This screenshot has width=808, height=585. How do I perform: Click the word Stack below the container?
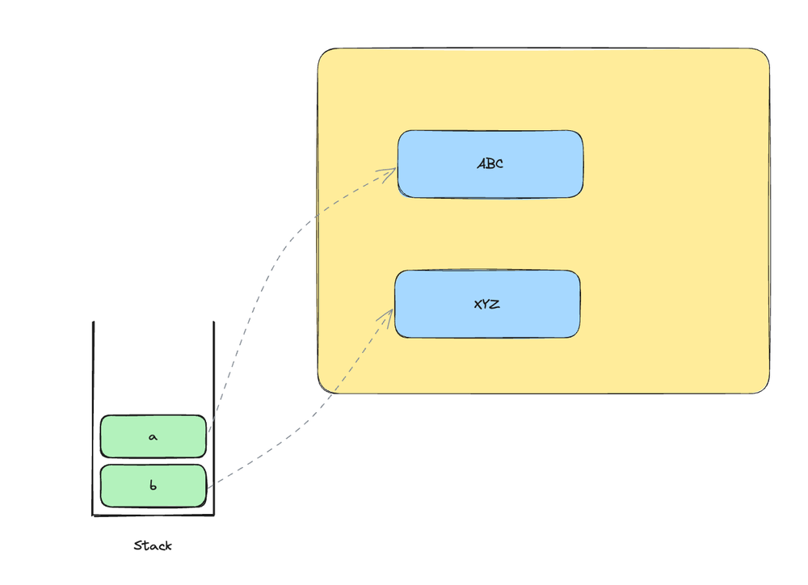click(153, 546)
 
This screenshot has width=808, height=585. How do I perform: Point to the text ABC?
click(490, 164)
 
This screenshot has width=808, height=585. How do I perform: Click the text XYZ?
click(486, 305)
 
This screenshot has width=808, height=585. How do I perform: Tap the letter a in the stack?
click(153, 436)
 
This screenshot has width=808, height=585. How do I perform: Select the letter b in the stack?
click(153, 486)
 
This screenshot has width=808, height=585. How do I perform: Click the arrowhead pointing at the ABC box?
click(391, 170)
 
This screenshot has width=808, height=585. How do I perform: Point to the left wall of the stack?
click(93, 404)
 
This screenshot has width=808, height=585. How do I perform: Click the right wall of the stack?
click(214, 372)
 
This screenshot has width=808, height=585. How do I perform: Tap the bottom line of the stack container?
click(154, 515)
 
